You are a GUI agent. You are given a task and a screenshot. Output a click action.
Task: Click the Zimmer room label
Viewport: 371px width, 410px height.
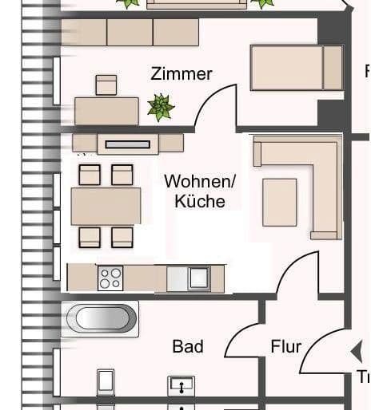click(x=182, y=74)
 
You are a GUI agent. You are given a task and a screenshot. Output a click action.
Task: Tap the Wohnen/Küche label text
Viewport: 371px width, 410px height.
click(x=199, y=191)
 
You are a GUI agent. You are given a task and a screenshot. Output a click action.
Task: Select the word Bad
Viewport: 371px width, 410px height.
click(x=188, y=347)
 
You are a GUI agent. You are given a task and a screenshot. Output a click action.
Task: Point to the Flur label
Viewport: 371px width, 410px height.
click(x=285, y=347)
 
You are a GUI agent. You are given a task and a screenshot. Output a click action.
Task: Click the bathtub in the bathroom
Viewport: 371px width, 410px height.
click(x=102, y=318)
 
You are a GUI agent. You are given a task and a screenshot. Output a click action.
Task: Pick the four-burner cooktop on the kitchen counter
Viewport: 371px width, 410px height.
click(x=110, y=278)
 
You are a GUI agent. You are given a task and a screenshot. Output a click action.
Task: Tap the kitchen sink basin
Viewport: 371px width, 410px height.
click(x=197, y=278)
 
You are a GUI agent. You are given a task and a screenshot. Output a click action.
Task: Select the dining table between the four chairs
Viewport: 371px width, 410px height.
click(x=106, y=206)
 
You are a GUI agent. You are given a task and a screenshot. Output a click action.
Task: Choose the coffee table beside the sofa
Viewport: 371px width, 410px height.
click(x=279, y=202)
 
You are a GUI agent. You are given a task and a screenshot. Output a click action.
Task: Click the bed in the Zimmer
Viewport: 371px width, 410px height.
click(x=296, y=68)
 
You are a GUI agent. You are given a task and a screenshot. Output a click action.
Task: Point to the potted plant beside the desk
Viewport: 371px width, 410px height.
click(x=161, y=106)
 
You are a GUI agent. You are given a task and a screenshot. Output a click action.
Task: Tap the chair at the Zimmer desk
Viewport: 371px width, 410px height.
click(x=106, y=85)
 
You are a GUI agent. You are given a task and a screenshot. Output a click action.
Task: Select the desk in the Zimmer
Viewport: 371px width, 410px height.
click(x=106, y=109)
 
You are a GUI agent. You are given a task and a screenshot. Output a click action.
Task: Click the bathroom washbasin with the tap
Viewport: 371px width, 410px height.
click(x=182, y=387)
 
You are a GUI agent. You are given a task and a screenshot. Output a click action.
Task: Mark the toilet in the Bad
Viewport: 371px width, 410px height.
click(x=106, y=383)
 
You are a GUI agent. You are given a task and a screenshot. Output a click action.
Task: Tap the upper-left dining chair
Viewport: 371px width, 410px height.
click(x=90, y=174)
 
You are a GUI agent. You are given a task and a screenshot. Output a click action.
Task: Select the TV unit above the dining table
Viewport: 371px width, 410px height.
click(x=128, y=144)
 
